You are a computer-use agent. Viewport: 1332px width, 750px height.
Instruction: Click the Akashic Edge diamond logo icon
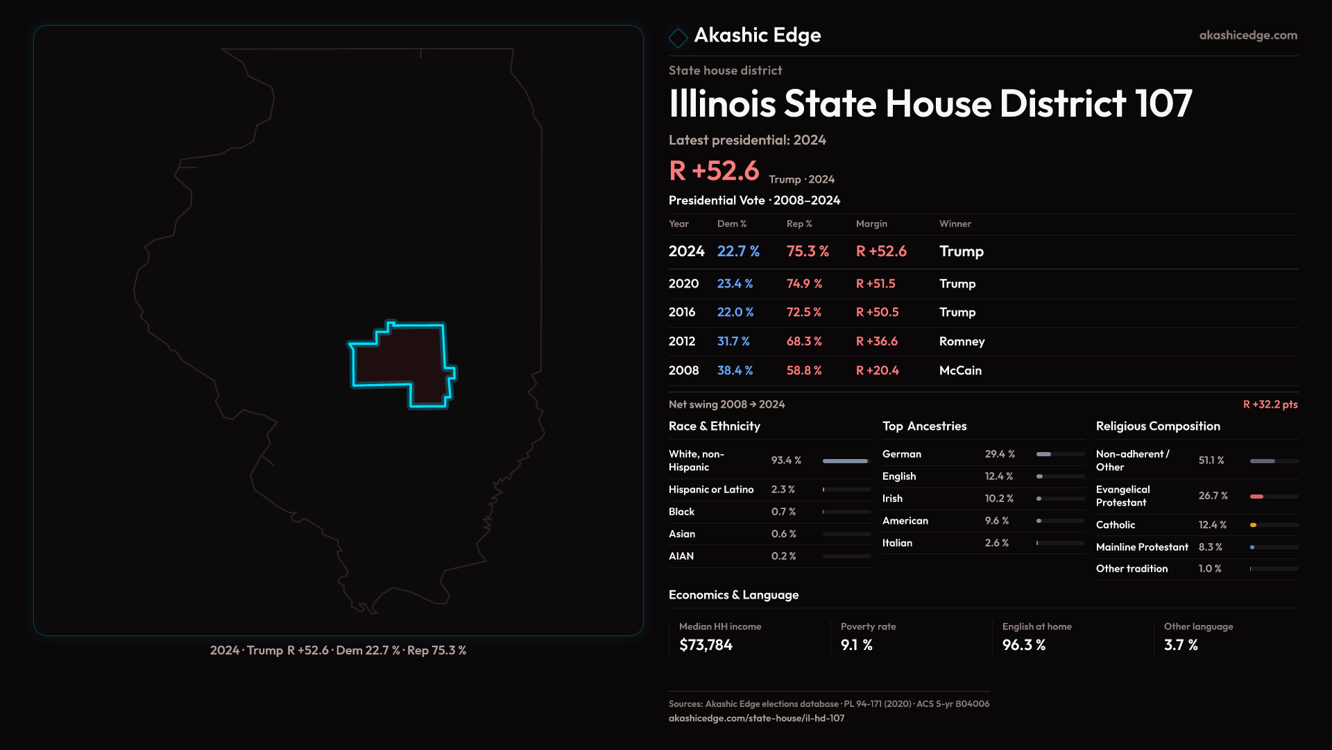(x=678, y=37)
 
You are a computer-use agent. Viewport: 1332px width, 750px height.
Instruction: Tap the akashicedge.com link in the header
(x=1248, y=35)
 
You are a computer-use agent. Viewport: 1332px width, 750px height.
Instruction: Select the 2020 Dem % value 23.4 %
(x=735, y=284)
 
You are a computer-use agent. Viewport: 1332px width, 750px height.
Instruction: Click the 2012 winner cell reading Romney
(x=962, y=342)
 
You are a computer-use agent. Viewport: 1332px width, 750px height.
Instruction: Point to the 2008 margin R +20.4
(x=877, y=371)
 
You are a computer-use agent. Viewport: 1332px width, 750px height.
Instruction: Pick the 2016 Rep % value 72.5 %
(x=803, y=312)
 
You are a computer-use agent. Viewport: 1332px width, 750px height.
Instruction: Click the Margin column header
(x=871, y=224)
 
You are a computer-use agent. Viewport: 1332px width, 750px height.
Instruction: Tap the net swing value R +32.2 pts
(x=1270, y=405)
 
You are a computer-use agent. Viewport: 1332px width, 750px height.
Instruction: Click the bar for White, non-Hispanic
(x=845, y=461)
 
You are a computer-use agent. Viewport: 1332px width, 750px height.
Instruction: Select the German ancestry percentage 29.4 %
(x=1000, y=454)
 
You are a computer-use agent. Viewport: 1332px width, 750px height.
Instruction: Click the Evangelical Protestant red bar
(x=1256, y=497)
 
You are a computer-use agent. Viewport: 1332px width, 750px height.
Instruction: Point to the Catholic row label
(x=1116, y=525)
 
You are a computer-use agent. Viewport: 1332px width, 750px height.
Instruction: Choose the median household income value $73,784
(x=706, y=645)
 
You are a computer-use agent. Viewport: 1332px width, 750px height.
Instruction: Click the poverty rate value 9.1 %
(x=856, y=645)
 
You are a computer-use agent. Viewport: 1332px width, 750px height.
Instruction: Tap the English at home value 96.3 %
(x=1023, y=645)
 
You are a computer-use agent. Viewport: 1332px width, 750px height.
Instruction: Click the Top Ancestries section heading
(x=924, y=426)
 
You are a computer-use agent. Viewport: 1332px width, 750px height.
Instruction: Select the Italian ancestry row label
(x=897, y=543)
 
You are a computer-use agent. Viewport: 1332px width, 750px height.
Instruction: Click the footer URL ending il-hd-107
(x=756, y=719)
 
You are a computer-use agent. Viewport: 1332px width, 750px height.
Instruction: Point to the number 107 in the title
(x=1163, y=104)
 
